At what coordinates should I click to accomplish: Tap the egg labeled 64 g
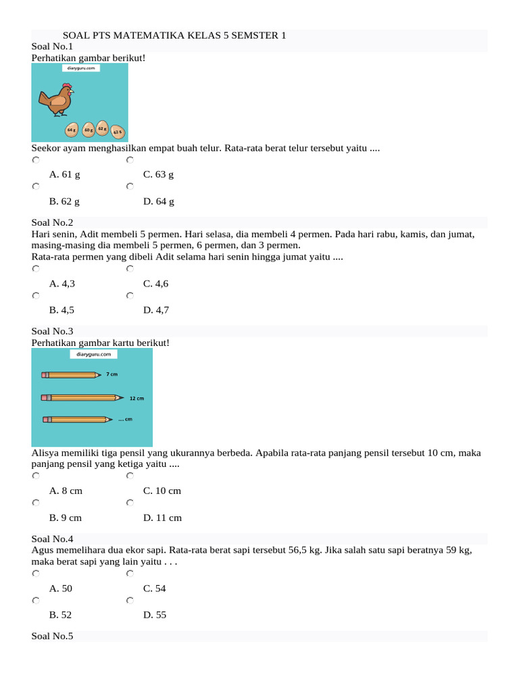coord(71,129)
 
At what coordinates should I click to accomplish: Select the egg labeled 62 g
coord(102,128)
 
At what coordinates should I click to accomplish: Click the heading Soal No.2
coord(52,222)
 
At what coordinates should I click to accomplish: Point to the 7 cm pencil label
coord(112,374)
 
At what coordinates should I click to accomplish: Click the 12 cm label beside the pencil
coord(137,399)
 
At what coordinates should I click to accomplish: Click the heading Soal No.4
coord(52,539)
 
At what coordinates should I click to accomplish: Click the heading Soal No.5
coord(52,637)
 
